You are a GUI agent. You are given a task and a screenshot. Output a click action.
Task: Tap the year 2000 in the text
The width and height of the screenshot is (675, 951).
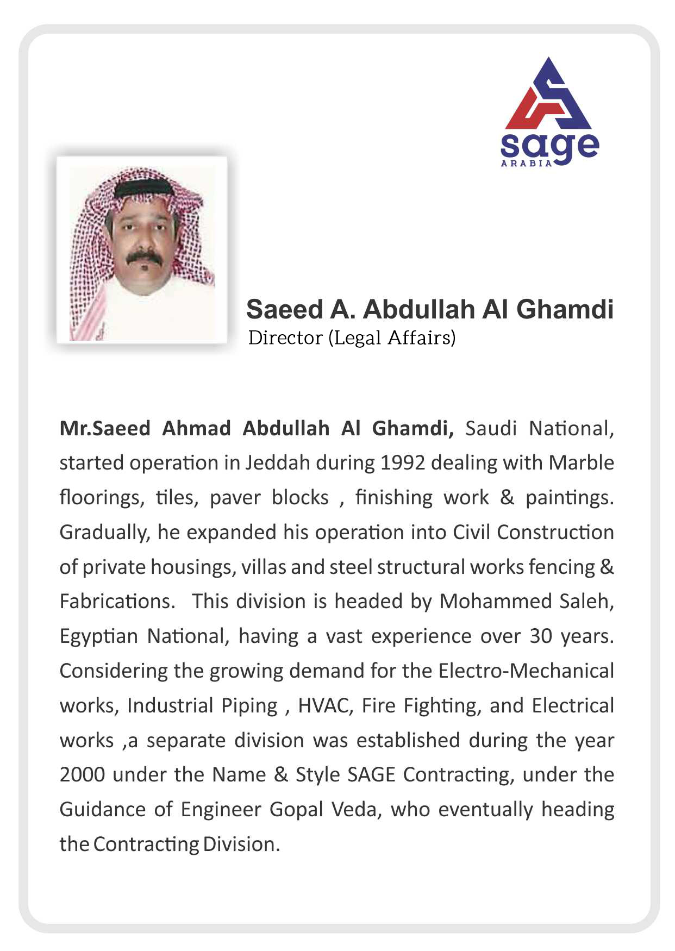point(82,774)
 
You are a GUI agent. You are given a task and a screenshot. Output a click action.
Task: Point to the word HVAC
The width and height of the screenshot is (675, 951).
point(323,705)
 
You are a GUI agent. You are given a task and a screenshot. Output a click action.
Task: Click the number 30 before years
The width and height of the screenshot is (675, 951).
point(541,636)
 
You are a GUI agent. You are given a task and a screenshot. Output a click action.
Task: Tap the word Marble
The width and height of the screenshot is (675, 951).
point(581,463)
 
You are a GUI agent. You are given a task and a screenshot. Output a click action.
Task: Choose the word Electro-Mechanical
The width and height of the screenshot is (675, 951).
point(526,671)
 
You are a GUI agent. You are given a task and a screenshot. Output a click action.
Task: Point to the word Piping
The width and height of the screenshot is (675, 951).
point(249,706)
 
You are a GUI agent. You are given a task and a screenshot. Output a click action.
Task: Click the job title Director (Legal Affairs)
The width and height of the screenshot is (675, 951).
point(352,338)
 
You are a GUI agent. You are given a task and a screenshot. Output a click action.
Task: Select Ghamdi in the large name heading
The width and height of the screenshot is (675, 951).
point(565,310)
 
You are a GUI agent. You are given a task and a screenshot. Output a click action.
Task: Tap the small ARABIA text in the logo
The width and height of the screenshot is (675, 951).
point(526,163)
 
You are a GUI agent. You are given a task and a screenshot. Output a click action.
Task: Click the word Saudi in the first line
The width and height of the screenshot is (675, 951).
point(491,429)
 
